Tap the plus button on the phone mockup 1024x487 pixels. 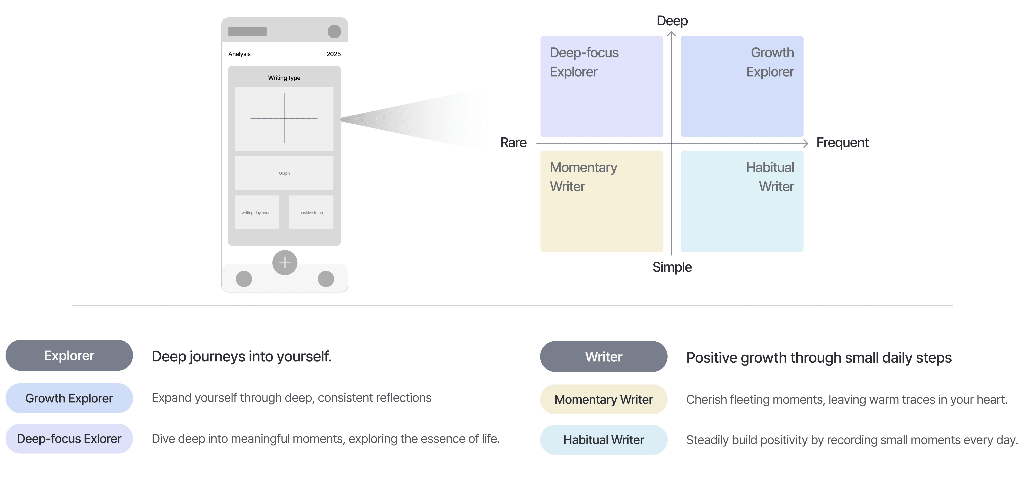pyautogui.click(x=285, y=262)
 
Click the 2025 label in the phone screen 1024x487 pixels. pyautogui.click(x=333, y=54)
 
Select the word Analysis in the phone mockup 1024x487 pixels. pyautogui.click(x=239, y=54)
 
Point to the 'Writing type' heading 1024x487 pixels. pyautogui.click(x=284, y=78)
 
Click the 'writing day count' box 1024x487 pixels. pyautogui.click(x=257, y=212)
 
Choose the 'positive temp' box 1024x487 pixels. pyautogui.click(x=311, y=212)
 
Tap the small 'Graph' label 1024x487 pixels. pyautogui.click(x=284, y=173)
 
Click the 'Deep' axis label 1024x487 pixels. pyautogui.click(x=672, y=21)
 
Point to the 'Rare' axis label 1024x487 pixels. pyautogui.click(x=513, y=142)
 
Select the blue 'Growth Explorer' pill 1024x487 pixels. pyautogui.click(x=69, y=398)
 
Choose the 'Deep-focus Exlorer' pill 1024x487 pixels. pyautogui.click(x=69, y=439)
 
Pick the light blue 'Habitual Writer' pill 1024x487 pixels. pyautogui.click(x=603, y=440)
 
